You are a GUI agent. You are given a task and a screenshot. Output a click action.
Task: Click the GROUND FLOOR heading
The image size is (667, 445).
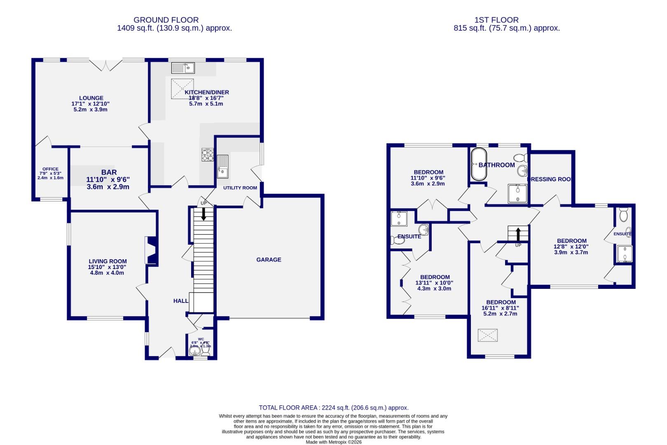(166, 20)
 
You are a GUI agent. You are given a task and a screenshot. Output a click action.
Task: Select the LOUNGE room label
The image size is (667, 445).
(91, 98)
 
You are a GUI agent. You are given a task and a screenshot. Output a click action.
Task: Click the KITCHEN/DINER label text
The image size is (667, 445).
(206, 92)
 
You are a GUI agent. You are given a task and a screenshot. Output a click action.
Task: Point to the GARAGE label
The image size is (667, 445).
(269, 260)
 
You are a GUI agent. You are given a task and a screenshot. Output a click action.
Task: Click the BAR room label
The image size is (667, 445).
(109, 172)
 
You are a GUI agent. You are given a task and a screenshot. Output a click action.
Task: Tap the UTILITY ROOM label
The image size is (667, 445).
(240, 188)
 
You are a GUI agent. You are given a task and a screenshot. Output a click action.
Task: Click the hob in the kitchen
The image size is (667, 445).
(208, 155)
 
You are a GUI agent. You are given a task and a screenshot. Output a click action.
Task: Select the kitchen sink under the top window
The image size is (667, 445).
(183, 67)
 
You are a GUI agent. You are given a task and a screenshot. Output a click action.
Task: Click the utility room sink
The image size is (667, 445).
(222, 166)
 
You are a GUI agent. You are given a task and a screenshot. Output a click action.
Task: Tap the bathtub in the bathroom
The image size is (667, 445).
(478, 164)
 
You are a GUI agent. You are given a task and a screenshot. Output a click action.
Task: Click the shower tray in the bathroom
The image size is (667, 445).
(517, 193)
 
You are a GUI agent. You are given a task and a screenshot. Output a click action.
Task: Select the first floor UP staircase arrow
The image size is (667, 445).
(518, 234)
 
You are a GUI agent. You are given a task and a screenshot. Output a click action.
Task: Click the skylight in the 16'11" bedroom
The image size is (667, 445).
(488, 335)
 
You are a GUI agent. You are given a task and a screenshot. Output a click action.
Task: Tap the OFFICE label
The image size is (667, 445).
(50, 169)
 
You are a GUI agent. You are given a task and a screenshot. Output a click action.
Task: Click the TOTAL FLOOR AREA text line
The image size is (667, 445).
(333, 408)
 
